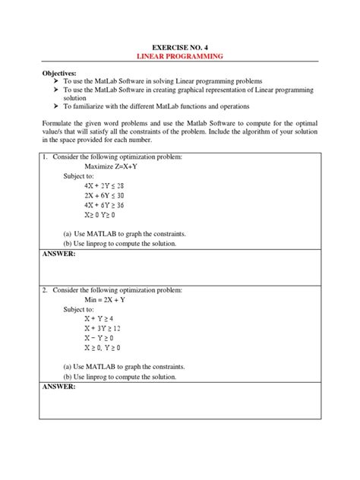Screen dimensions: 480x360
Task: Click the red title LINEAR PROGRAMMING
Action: [179, 57]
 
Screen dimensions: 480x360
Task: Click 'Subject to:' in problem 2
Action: [81, 309]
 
